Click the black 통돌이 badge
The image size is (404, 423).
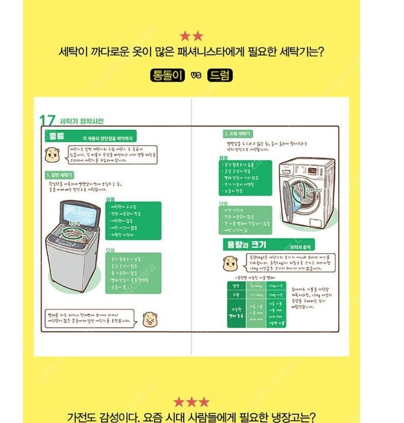(167, 75)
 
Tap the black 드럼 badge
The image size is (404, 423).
(219, 75)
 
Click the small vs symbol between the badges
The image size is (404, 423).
(195, 76)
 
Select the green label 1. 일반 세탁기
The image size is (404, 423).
(59, 175)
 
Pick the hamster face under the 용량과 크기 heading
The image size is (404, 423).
(230, 263)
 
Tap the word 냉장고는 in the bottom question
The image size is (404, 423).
(291, 417)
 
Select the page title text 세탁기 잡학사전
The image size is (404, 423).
(82, 121)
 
